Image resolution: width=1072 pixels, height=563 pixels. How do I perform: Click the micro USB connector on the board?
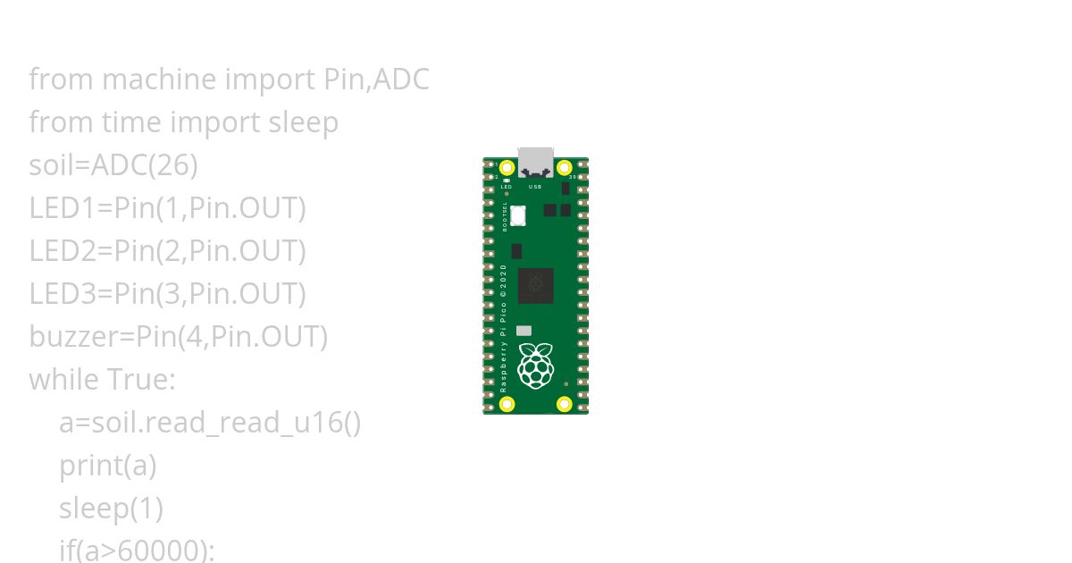(x=536, y=162)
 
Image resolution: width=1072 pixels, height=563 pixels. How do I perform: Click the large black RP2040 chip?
(x=536, y=285)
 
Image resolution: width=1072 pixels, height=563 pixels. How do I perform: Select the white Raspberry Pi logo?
(x=535, y=366)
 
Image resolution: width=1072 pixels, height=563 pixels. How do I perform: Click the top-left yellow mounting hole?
(x=507, y=168)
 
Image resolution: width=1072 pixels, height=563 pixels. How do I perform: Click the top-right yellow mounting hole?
(x=565, y=168)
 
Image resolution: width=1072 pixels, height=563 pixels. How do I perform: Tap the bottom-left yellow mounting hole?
(x=507, y=404)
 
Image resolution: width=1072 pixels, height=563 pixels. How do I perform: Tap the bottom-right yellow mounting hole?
(x=565, y=404)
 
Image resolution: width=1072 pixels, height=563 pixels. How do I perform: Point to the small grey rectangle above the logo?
(x=524, y=331)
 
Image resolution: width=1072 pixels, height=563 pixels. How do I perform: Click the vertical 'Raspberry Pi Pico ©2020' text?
(x=504, y=329)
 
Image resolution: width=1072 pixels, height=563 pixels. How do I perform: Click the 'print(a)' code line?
(x=107, y=466)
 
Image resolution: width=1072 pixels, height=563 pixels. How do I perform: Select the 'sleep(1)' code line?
(x=111, y=508)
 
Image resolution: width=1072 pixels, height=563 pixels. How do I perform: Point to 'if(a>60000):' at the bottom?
(x=137, y=550)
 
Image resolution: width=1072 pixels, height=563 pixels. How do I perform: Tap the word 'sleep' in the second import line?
(x=303, y=122)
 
